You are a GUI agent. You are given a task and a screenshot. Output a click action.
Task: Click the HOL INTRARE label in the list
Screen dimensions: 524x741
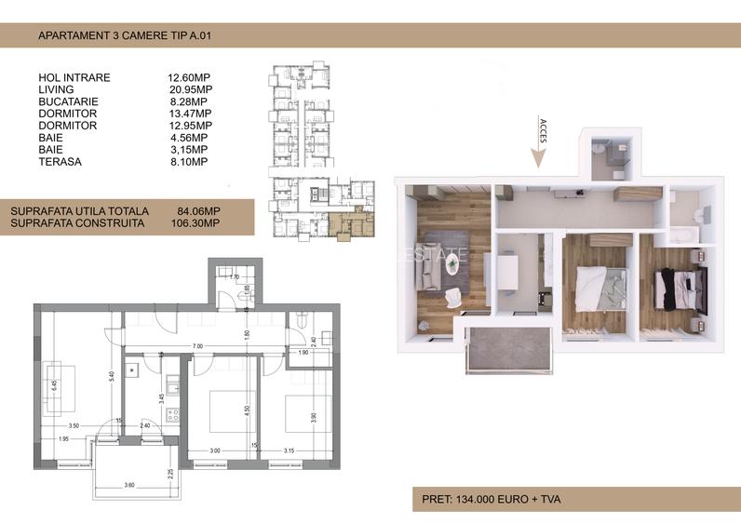74,77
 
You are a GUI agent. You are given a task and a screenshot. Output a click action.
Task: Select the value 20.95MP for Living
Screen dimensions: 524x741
189,89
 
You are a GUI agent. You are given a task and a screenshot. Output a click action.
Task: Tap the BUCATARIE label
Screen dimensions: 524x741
68,101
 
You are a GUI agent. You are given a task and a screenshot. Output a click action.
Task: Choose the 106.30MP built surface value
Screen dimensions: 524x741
198,223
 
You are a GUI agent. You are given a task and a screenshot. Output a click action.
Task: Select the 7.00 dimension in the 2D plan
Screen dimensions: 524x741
198,345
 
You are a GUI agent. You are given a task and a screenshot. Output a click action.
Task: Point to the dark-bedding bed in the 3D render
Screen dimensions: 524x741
679,285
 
